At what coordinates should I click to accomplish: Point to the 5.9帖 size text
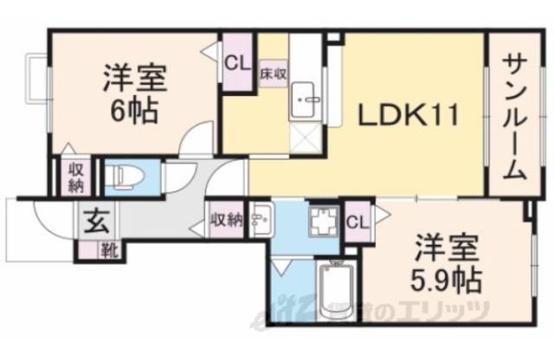pos(447,279)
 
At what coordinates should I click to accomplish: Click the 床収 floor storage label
pos(273,74)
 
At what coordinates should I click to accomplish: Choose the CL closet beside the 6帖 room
pos(236,62)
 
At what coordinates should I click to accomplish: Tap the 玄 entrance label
pos(93,222)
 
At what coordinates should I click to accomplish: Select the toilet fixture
pos(121,177)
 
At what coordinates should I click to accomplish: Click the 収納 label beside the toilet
pos(74,176)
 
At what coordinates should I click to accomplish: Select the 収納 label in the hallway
pos(227,221)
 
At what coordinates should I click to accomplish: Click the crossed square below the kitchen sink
pos(305,138)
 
